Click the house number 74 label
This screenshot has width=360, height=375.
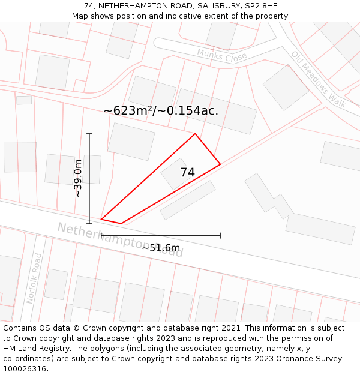pyautogui.click(x=187, y=172)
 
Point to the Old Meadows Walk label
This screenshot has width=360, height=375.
pyautogui.click(x=319, y=79)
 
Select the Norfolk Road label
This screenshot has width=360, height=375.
pyautogui.click(x=35, y=278)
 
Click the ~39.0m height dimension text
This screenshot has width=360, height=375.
pyautogui.click(x=78, y=178)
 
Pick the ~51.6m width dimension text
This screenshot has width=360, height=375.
pyautogui.click(x=161, y=248)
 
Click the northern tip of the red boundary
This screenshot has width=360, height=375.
pyautogui.click(x=195, y=133)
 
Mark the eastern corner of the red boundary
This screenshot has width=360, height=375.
pyautogui.click(x=220, y=164)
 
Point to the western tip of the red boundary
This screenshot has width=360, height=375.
pyautogui.click(x=101, y=219)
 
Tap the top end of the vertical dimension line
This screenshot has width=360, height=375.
pyautogui.click(x=89, y=133)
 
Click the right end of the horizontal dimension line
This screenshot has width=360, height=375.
pyautogui.click(x=220, y=235)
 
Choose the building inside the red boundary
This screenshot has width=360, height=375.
pyautogui.click(x=173, y=175)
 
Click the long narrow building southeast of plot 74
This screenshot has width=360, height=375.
pyautogui.click(x=187, y=200)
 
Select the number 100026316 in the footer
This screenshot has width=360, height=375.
pyautogui.click(x=25, y=368)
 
